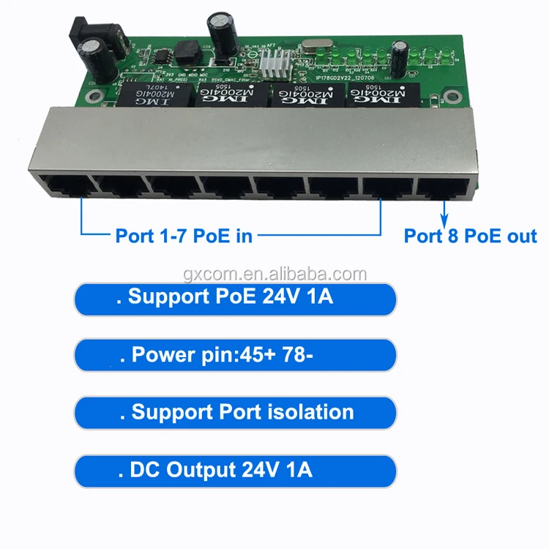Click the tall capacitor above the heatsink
221,27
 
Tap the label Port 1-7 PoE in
184,236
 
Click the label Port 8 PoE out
471,236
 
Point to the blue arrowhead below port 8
443,219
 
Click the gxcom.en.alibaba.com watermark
275,274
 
